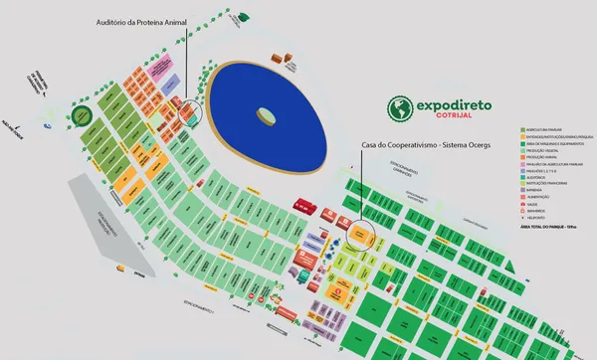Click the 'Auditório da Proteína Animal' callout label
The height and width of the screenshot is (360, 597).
(x=139, y=21)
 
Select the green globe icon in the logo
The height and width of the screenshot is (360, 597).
(x=398, y=106)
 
